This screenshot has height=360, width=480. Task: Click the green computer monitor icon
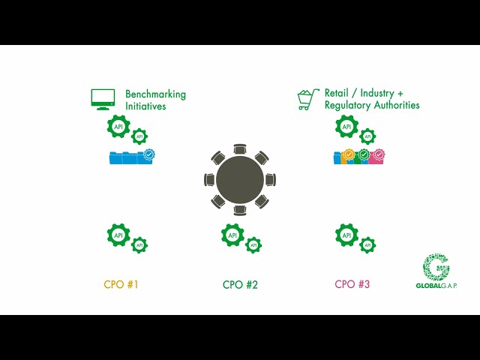(x=103, y=99)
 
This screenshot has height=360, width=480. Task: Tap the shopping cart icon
(x=308, y=99)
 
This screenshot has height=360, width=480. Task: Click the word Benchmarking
(x=155, y=94)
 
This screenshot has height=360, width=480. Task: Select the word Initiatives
(x=145, y=106)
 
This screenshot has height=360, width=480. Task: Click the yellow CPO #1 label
(x=121, y=284)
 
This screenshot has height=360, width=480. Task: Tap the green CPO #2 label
(x=240, y=285)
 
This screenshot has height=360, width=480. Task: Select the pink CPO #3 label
(x=352, y=284)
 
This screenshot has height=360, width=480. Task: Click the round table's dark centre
(x=240, y=180)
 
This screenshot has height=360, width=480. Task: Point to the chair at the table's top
(x=240, y=149)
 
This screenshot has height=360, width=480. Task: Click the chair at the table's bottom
(x=240, y=210)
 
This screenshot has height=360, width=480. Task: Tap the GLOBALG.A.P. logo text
(x=436, y=286)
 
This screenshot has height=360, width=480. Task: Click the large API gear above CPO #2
(x=232, y=235)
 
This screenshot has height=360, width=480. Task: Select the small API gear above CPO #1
(x=139, y=245)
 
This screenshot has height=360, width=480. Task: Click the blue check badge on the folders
(x=149, y=154)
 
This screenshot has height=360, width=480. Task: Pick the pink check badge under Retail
(x=379, y=154)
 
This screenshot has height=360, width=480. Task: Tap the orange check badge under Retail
(x=349, y=154)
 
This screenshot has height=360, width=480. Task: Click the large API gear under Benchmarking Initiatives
(x=118, y=126)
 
